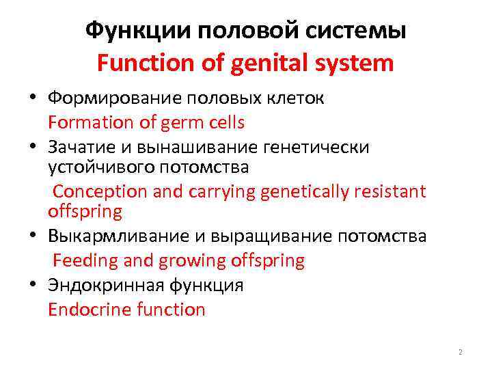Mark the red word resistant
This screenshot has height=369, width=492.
390,191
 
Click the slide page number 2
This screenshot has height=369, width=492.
460,352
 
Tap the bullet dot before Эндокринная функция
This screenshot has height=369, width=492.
33,286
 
